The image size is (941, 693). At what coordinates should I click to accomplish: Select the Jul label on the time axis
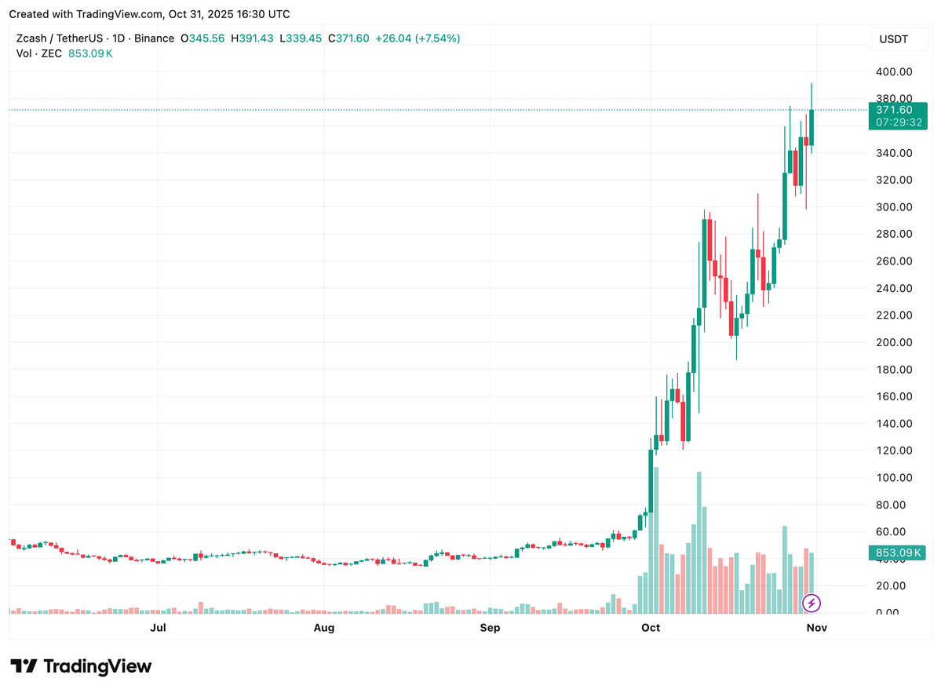click(159, 628)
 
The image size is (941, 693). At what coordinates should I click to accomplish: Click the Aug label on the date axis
click(324, 628)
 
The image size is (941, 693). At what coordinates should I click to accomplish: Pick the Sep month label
click(490, 628)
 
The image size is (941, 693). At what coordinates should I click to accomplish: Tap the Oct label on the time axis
click(650, 628)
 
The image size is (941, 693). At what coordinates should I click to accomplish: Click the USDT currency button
click(893, 39)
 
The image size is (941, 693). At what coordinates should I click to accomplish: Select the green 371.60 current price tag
click(898, 110)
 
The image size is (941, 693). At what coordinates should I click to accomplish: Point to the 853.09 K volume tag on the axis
click(898, 553)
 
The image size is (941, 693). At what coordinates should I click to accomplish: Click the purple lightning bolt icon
click(812, 603)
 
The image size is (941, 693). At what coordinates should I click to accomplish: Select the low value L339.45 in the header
click(301, 38)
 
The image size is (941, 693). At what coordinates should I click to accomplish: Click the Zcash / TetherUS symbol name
click(62, 38)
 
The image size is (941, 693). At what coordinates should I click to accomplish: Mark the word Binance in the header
click(155, 38)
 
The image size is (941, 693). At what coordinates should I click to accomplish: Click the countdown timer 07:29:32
click(898, 123)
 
